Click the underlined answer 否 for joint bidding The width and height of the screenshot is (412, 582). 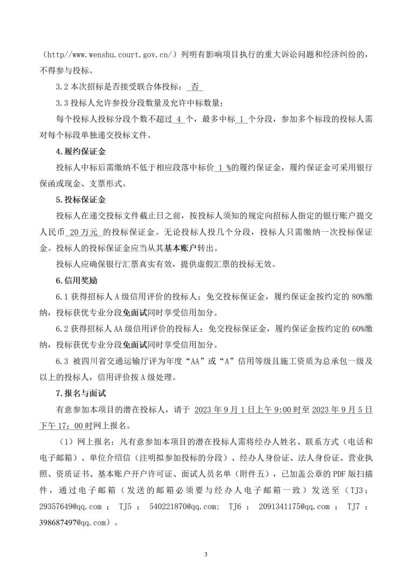(x=195, y=86)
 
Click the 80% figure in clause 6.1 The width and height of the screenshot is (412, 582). (x=355, y=297)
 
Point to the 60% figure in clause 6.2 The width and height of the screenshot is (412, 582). (x=355, y=329)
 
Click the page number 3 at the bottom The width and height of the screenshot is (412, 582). (x=206, y=555)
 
